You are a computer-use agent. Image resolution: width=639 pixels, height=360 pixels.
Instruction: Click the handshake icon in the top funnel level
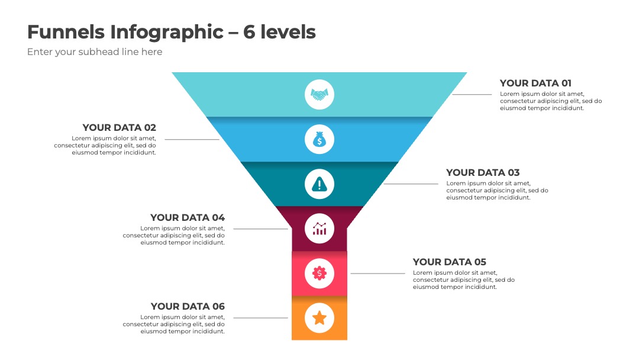point(319,95)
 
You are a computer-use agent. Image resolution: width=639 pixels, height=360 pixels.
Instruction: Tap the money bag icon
point(319,139)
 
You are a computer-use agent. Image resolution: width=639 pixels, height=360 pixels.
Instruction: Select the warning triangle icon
point(319,184)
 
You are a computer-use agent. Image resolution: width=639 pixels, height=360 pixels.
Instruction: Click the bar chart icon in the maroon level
point(319,229)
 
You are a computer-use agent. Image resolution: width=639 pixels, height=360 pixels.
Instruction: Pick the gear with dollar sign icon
point(319,273)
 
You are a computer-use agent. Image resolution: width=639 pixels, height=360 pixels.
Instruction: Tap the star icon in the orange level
point(319,317)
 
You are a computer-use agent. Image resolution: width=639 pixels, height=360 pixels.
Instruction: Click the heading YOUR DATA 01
point(535,83)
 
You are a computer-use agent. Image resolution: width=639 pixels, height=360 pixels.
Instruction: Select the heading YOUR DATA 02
point(119,128)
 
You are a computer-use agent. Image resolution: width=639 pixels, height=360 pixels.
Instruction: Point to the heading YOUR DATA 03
point(483,172)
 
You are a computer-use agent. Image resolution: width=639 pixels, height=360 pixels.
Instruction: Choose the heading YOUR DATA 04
point(188,217)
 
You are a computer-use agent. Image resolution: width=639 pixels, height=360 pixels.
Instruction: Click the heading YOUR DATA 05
point(450,262)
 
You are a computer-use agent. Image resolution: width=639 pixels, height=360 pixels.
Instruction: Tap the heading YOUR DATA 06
point(188,306)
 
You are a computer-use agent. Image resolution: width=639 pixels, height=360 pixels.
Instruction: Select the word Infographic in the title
point(167,33)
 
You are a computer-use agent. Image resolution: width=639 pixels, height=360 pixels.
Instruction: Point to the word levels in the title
point(288,31)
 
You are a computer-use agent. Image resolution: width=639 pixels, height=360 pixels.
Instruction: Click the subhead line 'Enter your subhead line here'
point(95,52)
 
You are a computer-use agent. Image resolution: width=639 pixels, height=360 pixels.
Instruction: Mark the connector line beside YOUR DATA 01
point(472,95)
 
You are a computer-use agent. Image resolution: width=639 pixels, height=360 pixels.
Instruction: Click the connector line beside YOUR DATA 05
point(377,273)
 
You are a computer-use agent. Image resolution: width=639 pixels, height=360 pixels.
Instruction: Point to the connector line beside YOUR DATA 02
point(192,139)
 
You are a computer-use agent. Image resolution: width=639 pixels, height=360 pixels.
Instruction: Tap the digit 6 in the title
point(249,32)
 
